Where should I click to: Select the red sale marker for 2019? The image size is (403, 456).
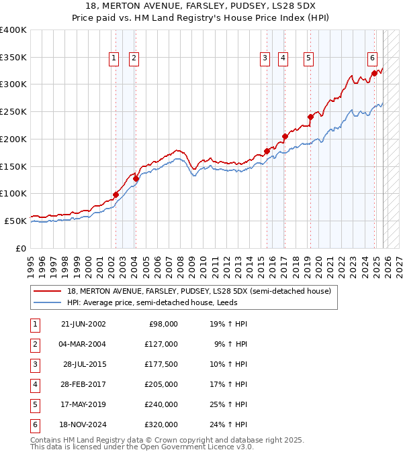[x=310, y=117]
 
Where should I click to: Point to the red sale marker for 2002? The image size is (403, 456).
[x=116, y=194]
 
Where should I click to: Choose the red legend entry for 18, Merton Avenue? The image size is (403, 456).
[x=199, y=292]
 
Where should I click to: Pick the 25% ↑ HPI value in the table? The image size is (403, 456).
[x=228, y=405]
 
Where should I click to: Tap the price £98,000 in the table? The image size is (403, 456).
[x=162, y=324]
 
